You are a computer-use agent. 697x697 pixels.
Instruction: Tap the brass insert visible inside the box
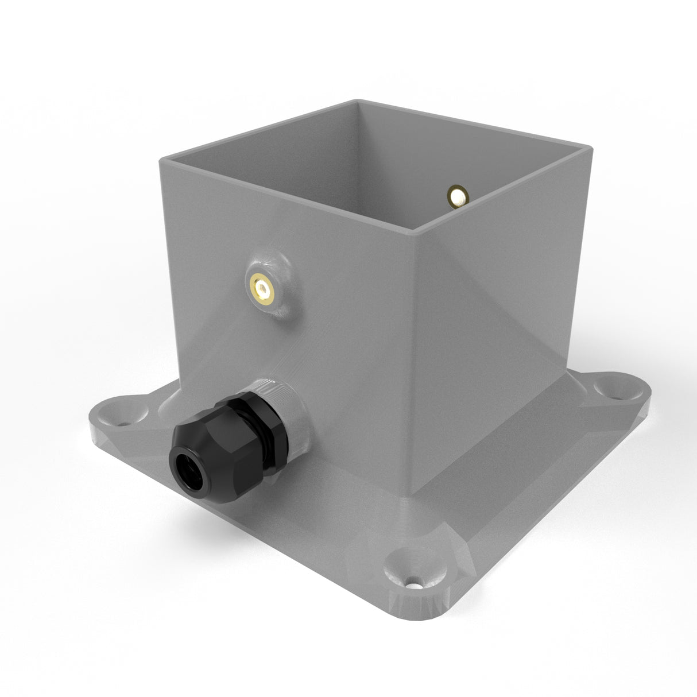458,196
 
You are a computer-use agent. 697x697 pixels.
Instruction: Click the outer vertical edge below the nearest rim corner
412,356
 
